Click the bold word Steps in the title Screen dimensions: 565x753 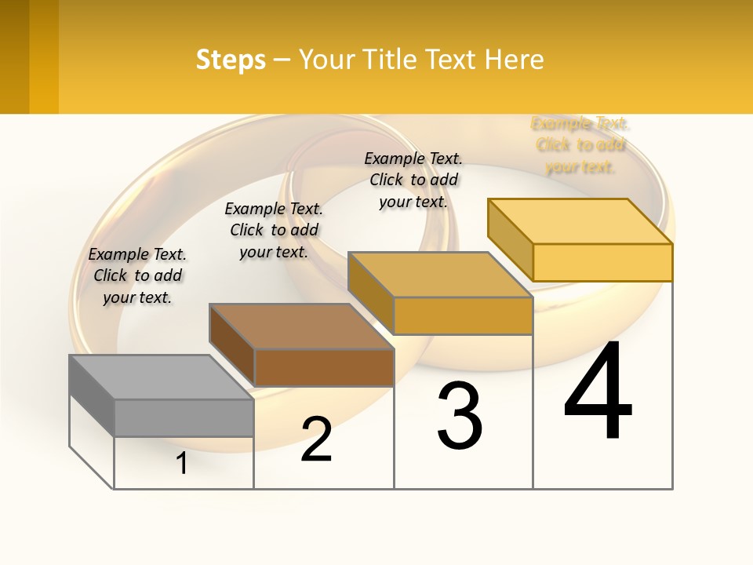click(231, 60)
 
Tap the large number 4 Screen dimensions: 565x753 click(598, 392)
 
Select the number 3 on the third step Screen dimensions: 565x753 click(460, 416)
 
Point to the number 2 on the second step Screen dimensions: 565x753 click(317, 439)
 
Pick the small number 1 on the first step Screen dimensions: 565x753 click(182, 463)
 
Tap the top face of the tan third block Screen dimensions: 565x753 click(440, 275)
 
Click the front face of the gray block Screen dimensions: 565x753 click(184, 417)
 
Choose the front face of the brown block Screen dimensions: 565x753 click(324, 367)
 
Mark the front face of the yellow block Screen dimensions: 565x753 click(602, 262)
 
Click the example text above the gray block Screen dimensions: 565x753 click(137, 275)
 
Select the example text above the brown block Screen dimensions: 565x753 click(274, 230)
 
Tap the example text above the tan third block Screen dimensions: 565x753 click(413, 180)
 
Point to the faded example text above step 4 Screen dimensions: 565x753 click(580, 144)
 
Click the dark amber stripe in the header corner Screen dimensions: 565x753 click(14, 56)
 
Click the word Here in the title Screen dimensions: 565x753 click(515, 60)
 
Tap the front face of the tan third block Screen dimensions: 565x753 click(463, 315)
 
